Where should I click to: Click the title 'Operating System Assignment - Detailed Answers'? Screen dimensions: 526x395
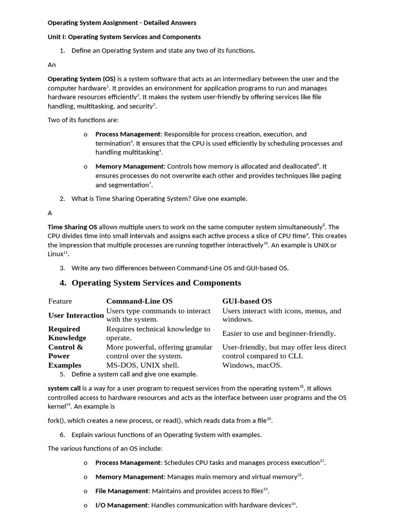pos(122,23)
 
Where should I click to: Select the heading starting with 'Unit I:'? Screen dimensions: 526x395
pos(124,37)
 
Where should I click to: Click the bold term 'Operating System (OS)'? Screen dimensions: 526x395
pos(81,79)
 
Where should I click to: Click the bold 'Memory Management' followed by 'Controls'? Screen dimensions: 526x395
pos(130,166)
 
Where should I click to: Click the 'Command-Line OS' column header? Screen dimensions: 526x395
pos(139,301)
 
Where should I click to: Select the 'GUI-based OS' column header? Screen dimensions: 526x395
pos(247,301)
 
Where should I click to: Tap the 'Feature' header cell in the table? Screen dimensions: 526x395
pos(60,301)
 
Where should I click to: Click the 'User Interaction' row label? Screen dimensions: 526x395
pos(76,315)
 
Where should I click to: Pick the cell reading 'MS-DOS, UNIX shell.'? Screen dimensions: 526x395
pos(142,365)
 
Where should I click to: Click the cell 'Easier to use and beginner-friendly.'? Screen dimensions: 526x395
pos(279,333)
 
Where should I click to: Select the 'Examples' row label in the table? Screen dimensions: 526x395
pos(65,365)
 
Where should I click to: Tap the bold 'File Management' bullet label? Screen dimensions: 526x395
pos(122,491)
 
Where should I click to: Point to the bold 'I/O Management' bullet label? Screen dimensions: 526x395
pos(121,505)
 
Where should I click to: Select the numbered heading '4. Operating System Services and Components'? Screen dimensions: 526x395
pos(150,283)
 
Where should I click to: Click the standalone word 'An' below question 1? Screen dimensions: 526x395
pos(52,65)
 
